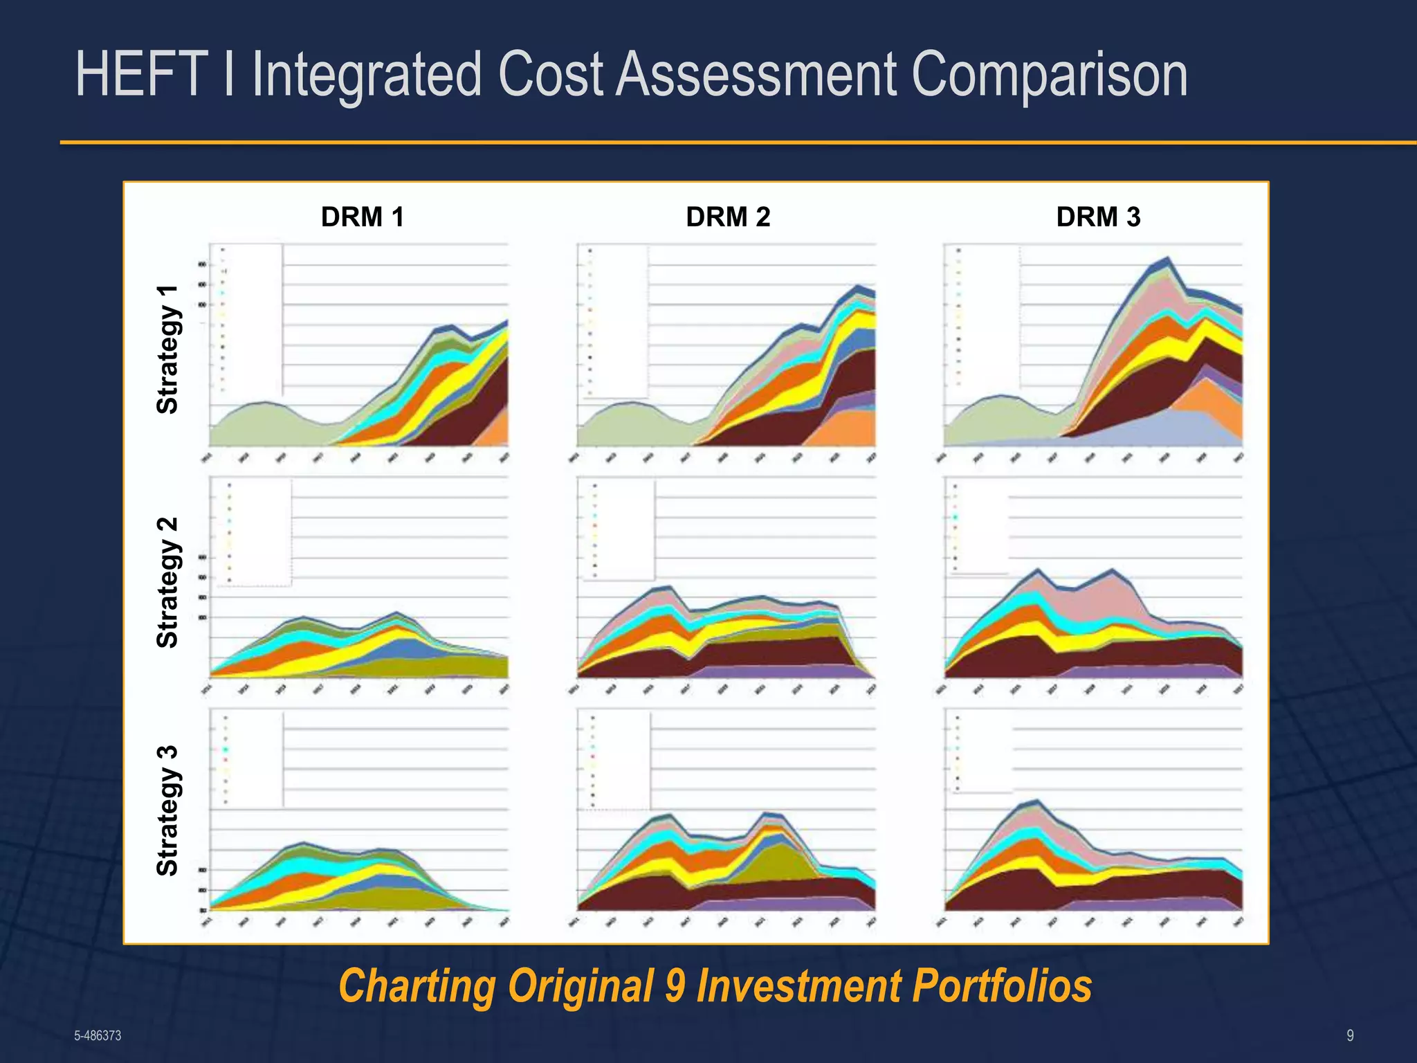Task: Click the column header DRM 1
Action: click(362, 217)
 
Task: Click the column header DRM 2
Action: click(728, 217)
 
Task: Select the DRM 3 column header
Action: click(1098, 217)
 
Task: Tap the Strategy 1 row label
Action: click(168, 349)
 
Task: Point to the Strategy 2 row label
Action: click(168, 582)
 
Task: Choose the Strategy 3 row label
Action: click(168, 810)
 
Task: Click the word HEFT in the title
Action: click(142, 74)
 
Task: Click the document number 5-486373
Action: click(98, 1035)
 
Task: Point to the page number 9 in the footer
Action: click(1350, 1035)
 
